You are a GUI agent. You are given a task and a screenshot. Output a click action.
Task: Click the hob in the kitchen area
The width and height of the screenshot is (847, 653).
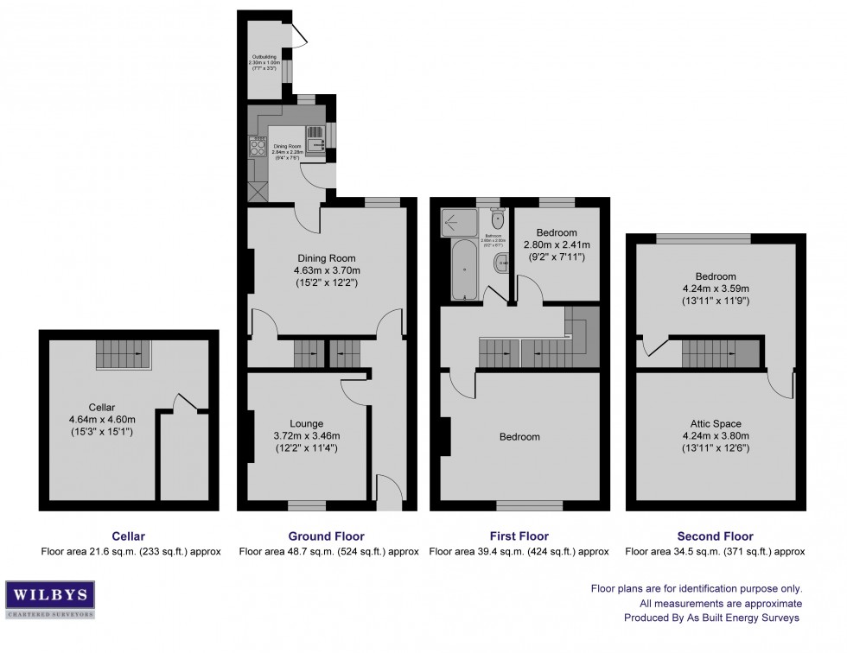[x=258, y=147]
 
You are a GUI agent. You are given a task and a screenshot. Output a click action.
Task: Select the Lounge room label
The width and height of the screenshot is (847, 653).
[x=307, y=423]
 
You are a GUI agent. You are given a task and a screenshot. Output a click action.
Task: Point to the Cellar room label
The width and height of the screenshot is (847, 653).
[x=101, y=407]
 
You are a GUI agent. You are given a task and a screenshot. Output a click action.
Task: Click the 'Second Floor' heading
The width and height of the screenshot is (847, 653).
[x=716, y=536]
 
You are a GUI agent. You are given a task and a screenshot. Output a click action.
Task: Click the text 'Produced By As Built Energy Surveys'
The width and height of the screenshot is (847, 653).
[x=713, y=618]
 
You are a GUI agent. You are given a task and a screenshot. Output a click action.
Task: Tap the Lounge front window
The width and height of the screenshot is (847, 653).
[x=306, y=504]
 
